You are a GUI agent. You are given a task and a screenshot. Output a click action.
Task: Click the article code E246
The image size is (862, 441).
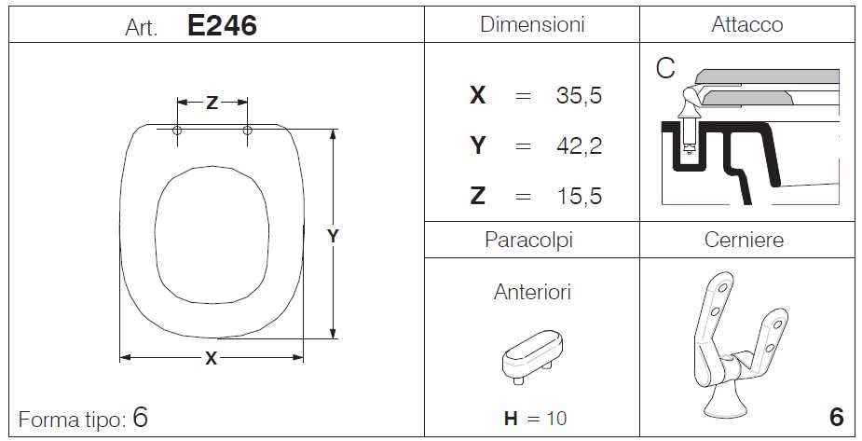coord(222,25)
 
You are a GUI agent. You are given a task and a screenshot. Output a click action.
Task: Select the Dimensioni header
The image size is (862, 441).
coord(532,24)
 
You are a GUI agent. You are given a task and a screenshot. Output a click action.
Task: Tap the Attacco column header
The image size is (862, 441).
coord(747,24)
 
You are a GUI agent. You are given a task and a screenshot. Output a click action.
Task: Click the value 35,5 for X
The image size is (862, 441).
coord(579,95)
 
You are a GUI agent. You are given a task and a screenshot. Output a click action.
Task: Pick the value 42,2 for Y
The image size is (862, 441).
coord(579,145)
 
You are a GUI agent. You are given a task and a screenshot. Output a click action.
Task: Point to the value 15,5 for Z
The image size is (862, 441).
coord(580,196)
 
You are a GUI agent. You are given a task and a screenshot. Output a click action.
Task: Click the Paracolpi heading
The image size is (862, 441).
coord(529,241)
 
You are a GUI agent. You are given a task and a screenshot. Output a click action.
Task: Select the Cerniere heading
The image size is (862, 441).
coord(744,240)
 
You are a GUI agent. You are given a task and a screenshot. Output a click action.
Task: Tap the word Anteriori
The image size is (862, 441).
coord(532,292)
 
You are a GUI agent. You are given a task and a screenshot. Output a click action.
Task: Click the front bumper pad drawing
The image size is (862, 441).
coord(532,356)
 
